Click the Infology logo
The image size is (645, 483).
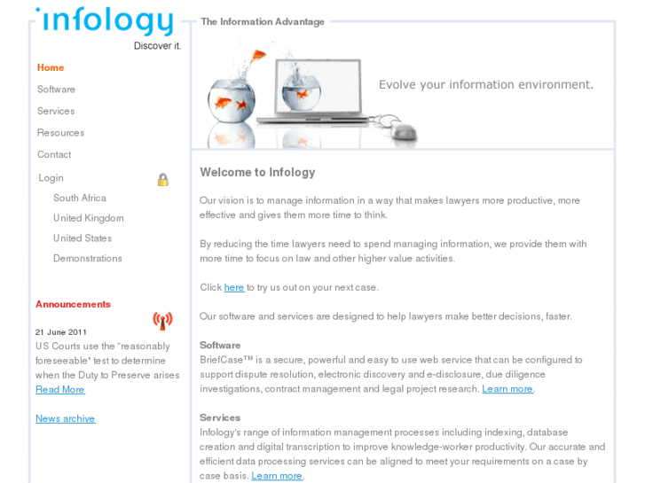coord(105,23)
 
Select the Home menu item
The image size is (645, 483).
coord(51,67)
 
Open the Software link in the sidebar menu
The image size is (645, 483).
coord(56,90)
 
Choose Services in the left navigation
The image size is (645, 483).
coord(56,111)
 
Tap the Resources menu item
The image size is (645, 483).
coord(60,133)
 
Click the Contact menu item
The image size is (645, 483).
coord(54,154)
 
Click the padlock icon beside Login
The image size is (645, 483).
coord(163,179)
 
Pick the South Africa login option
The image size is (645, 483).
coord(80,198)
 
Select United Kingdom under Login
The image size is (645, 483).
coord(88,218)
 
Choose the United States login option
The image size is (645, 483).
coord(83,238)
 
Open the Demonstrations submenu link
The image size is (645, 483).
coord(88,259)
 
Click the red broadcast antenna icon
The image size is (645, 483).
coord(162,320)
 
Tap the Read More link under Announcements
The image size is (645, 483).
coord(60,389)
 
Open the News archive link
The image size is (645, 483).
coord(65,418)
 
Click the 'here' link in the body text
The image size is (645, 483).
coord(234,287)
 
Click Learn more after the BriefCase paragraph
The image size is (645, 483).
coord(507,389)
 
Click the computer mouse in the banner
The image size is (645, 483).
coord(405,132)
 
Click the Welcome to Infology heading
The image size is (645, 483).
coord(257,172)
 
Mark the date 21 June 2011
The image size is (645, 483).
coord(61,331)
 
